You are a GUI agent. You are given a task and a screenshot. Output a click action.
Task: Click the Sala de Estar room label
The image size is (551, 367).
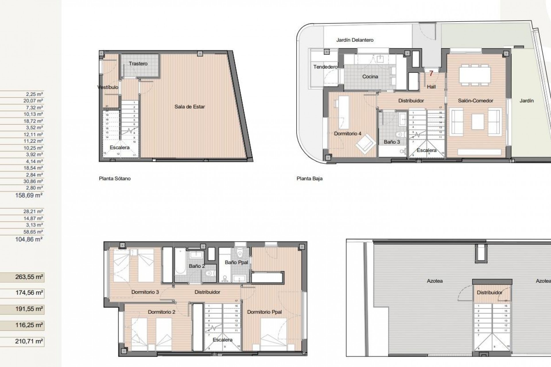pyautogui.click(x=189, y=107)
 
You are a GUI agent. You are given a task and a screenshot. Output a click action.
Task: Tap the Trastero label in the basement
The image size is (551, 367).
pyautogui.click(x=138, y=64)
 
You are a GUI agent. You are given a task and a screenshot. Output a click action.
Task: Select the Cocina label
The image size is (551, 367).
pyautogui.click(x=370, y=77)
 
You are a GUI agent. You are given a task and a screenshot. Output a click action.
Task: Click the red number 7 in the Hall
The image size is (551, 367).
pyautogui.click(x=431, y=74)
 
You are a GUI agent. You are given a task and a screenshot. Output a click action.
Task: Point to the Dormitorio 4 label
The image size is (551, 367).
pyautogui.click(x=348, y=134)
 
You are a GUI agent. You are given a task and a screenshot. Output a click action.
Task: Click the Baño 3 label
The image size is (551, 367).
pyautogui.click(x=392, y=142)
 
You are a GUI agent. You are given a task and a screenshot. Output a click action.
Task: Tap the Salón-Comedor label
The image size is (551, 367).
pyautogui.click(x=476, y=101)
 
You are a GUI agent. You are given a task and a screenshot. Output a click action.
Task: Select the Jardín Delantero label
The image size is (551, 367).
pyautogui.click(x=355, y=40)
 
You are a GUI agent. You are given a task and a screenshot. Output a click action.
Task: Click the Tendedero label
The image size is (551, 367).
pyautogui.click(x=325, y=67)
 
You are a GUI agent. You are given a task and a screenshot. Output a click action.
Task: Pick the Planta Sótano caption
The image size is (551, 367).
pyautogui.click(x=115, y=178)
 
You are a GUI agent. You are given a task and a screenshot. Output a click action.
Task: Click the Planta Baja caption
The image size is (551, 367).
pyautogui.click(x=309, y=178)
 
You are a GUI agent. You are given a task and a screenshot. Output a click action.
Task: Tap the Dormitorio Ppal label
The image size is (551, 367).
pyautogui.click(x=264, y=312)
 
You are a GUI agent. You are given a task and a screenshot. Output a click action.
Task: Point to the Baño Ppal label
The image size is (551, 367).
pyautogui.click(x=236, y=262)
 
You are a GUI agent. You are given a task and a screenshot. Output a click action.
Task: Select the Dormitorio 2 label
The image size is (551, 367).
pyautogui.click(x=162, y=312)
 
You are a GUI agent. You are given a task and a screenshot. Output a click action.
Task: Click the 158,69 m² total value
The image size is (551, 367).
pyautogui.click(x=29, y=196)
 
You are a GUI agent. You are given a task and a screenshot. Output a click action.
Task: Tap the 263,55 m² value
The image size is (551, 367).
pyautogui.click(x=29, y=277)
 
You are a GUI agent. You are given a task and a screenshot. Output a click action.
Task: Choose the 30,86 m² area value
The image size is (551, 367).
pyautogui.click(x=33, y=181)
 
